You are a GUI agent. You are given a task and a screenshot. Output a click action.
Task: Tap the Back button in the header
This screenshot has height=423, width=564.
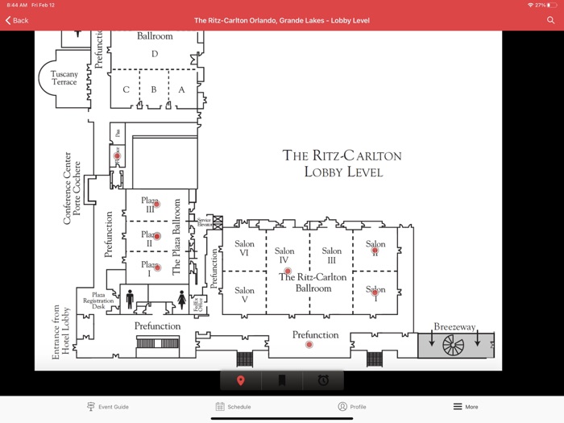pos(17,20)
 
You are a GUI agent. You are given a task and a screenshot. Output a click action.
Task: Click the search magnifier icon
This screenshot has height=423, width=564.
pos(550,20)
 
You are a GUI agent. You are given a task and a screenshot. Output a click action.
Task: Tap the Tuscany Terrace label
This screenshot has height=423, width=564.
pos(64,78)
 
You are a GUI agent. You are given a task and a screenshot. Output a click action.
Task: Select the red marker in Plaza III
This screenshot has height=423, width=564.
pos(157,205)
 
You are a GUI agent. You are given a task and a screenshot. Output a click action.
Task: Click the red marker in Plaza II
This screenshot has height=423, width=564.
pos(157,236)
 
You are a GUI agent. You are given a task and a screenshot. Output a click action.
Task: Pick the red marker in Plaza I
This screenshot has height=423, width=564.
pos(157,267)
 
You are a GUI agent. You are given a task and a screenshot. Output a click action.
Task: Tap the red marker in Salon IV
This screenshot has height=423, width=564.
pos(288,272)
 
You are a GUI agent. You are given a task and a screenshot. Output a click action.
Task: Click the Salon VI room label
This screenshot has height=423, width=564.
pos(244,248)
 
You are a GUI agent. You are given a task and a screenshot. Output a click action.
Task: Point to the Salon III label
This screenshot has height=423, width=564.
pos(331,255)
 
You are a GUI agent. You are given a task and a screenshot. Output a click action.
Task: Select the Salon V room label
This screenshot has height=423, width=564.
pos(244,295)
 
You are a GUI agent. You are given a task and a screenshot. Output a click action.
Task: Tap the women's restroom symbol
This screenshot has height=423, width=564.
pos(181,300)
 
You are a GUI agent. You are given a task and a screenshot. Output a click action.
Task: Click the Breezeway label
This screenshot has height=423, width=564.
pos(454,327)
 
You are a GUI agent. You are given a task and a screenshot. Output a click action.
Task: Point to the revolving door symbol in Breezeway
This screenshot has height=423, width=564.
pos(454,345)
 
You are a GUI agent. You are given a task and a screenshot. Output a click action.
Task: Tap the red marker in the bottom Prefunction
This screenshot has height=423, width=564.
pos(309,345)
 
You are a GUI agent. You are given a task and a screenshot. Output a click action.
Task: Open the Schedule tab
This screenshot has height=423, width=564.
pos(233,407)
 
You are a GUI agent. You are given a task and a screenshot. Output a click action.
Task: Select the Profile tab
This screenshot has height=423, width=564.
pos(352,407)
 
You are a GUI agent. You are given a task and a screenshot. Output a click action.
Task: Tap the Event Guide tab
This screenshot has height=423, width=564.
pos(108,407)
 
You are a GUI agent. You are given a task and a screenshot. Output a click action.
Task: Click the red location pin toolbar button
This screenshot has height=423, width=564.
pos(240,380)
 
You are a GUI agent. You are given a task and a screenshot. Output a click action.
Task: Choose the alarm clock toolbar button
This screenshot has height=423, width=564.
pos(323,380)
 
